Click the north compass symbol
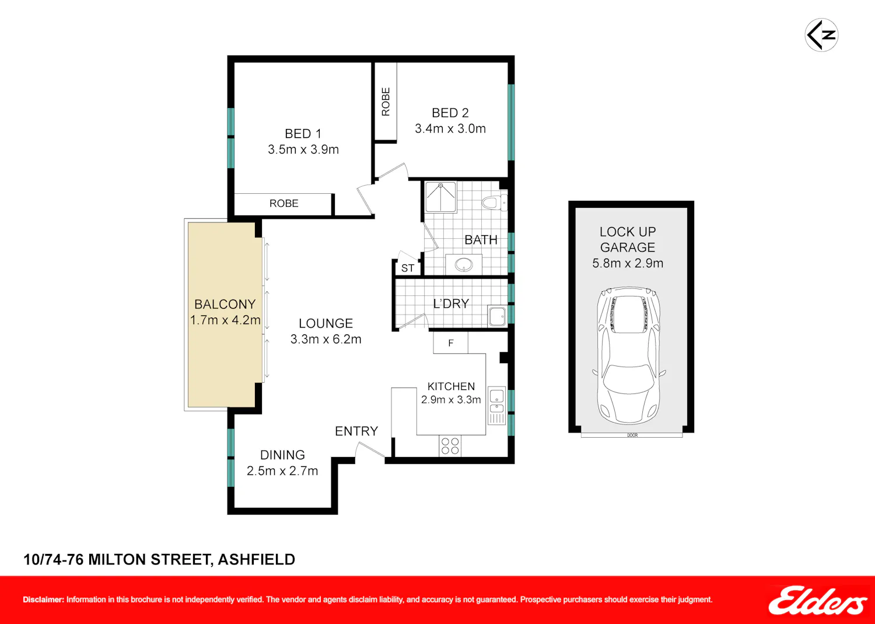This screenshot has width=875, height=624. pyautogui.click(x=821, y=35)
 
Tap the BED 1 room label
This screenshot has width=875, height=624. pyautogui.click(x=303, y=134)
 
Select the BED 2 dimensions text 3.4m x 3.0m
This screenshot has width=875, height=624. pyautogui.click(x=450, y=128)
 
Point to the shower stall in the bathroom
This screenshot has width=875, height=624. pyautogui.click(x=440, y=197)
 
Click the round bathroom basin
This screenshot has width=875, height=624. pyautogui.click(x=464, y=264)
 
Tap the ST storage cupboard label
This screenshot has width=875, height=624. pyautogui.click(x=407, y=268)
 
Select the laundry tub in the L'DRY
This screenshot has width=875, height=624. pyautogui.click(x=497, y=316)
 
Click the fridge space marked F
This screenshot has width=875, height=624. pyautogui.click(x=450, y=343)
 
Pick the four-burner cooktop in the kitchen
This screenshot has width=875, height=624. pyautogui.click(x=450, y=446)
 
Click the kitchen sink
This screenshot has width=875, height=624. pyautogui.click(x=497, y=406)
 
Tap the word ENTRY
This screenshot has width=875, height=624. pyautogui.click(x=356, y=431)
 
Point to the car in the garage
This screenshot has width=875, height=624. pyautogui.click(x=628, y=356)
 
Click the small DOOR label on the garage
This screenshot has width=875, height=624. pyautogui.click(x=632, y=435)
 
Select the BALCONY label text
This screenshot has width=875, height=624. pyautogui.click(x=225, y=304)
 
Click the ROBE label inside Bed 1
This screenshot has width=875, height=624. pyautogui.click(x=283, y=203)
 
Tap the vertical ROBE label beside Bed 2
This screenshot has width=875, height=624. pyautogui.click(x=386, y=102)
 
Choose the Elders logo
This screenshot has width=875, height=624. pyautogui.click(x=818, y=601)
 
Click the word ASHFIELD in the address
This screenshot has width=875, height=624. pyautogui.click(x=256, y=559)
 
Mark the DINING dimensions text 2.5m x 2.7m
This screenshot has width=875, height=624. pyautogui.click(x=282, y=470)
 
